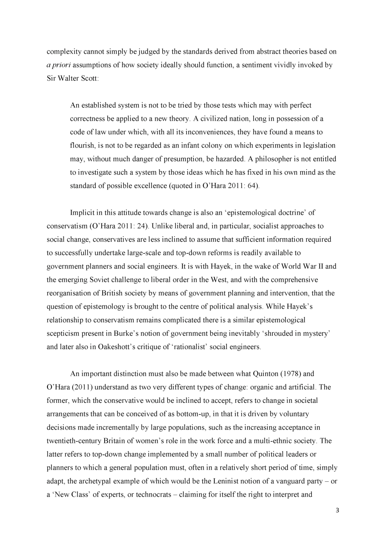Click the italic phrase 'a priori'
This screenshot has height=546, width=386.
58,65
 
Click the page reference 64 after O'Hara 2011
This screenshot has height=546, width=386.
253,186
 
